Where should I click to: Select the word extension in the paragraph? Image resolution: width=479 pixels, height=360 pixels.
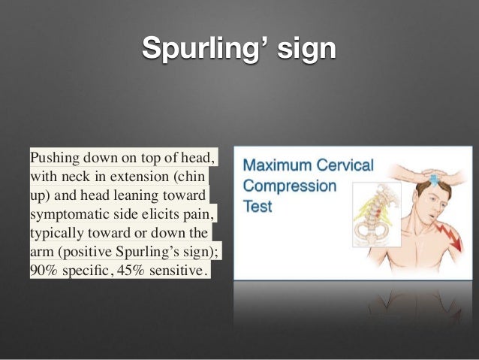click(143, 177)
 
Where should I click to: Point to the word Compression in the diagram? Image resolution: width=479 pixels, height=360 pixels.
click(288, 185)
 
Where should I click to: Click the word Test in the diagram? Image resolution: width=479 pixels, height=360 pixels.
click(258, 205)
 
